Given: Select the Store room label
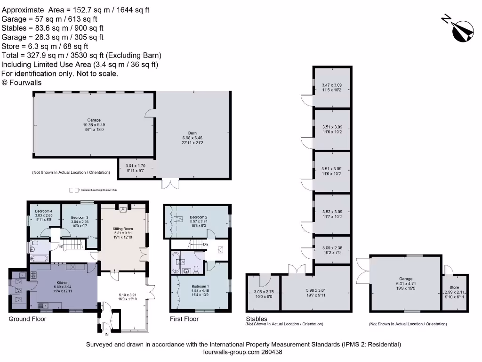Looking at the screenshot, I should coord(454,287).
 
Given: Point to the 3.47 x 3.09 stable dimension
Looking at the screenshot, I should coord(332,85).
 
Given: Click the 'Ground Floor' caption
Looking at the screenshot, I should coord(28,319).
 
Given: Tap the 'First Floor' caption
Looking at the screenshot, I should coord(184,319).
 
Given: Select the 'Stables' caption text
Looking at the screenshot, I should coord(257,319).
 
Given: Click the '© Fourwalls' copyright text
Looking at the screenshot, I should coord(22,82).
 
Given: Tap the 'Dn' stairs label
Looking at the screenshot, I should coord(205,245).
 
